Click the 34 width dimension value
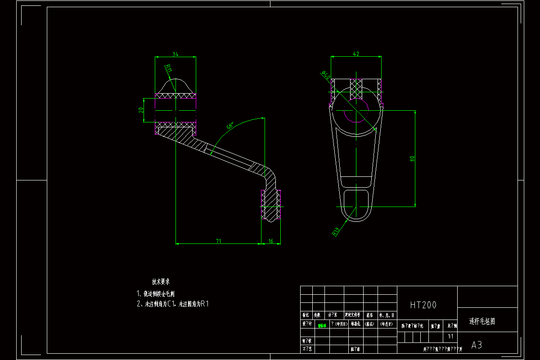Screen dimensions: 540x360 coord(175,54)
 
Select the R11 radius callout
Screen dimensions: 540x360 coord(168,68)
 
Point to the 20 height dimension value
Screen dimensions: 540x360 coord(141,110)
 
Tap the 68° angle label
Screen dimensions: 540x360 coord(230,126)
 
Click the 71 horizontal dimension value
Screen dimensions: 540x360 coord(218,241)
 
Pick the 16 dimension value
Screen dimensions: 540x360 coord(270,241)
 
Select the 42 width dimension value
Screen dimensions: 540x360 coord(356,54)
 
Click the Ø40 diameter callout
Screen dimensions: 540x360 coord(325,75)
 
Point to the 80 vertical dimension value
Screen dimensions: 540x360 coord(412,158)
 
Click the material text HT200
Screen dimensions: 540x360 coord(423,305)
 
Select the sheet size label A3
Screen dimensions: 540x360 coord(477,345)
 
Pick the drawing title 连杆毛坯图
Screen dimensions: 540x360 coord(482,322)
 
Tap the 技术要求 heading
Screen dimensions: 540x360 coord(161,282)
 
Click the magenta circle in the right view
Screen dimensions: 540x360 coord(356,110)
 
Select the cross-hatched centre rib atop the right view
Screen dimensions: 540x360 coord(356,88)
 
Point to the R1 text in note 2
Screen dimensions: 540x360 coord(205,304)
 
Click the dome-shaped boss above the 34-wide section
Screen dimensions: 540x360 coord(175,85)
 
